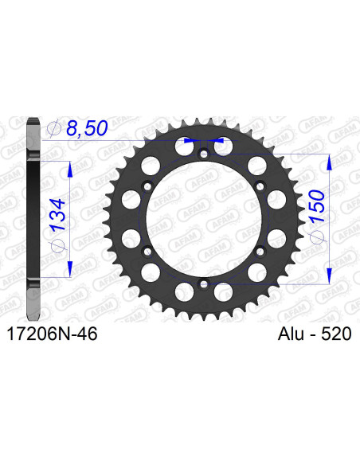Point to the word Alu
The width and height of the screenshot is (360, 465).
(x=284, y=335)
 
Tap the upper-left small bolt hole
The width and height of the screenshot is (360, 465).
(x=147, y=186)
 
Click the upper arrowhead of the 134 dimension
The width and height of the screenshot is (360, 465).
(x=70, y=168)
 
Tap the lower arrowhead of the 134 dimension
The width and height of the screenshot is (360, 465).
(x=70, y=269)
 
